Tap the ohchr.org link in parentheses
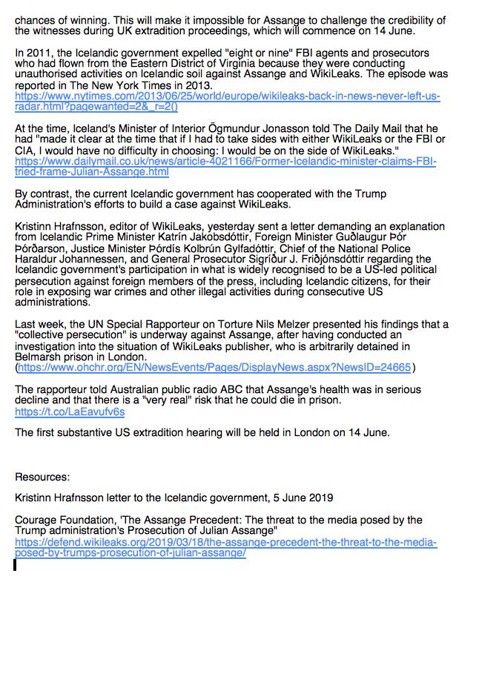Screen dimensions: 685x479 point(214,367)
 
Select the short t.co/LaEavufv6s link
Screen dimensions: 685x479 point(70,411)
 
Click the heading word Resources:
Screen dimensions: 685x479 point(42,477)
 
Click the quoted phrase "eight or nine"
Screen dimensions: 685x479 point(238,54)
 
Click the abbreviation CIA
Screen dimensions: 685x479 point(27,150)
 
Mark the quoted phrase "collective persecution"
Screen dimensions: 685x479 point(73,335)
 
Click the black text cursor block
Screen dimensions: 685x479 point(15,565)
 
